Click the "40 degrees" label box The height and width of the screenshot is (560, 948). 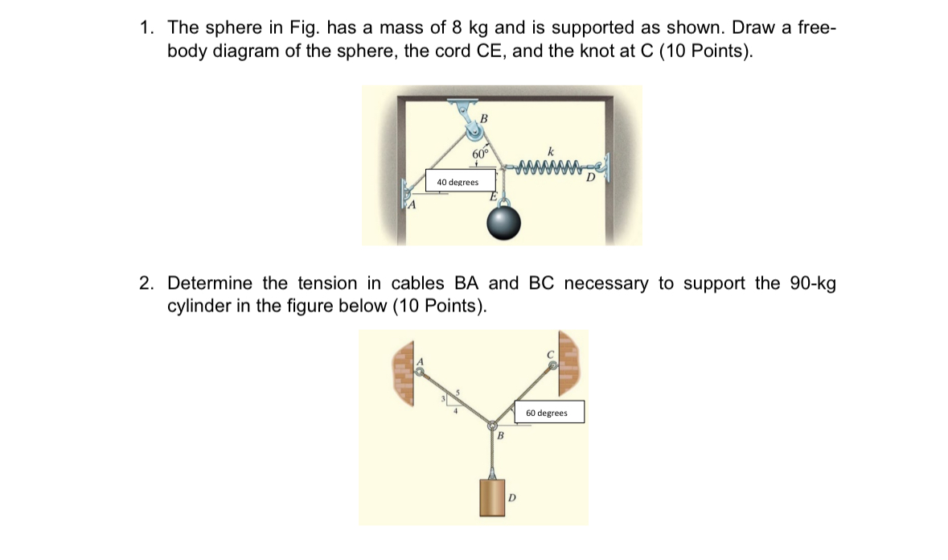pyautogui.click(x=457, y=182)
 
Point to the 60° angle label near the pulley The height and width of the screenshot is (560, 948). pyautogui.click(x=480, y=153)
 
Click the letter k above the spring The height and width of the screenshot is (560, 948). pyautogui.click(x=550, y=150)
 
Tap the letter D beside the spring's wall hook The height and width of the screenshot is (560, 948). pyautogui.click(x=590, y=177)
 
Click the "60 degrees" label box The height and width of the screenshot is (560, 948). pyautogui.click(x=547, y=413)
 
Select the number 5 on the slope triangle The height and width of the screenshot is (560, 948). pyautogui.click(x=458, y=392)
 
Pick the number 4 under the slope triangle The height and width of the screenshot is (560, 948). pyautogui.click(x=455, y=411)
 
